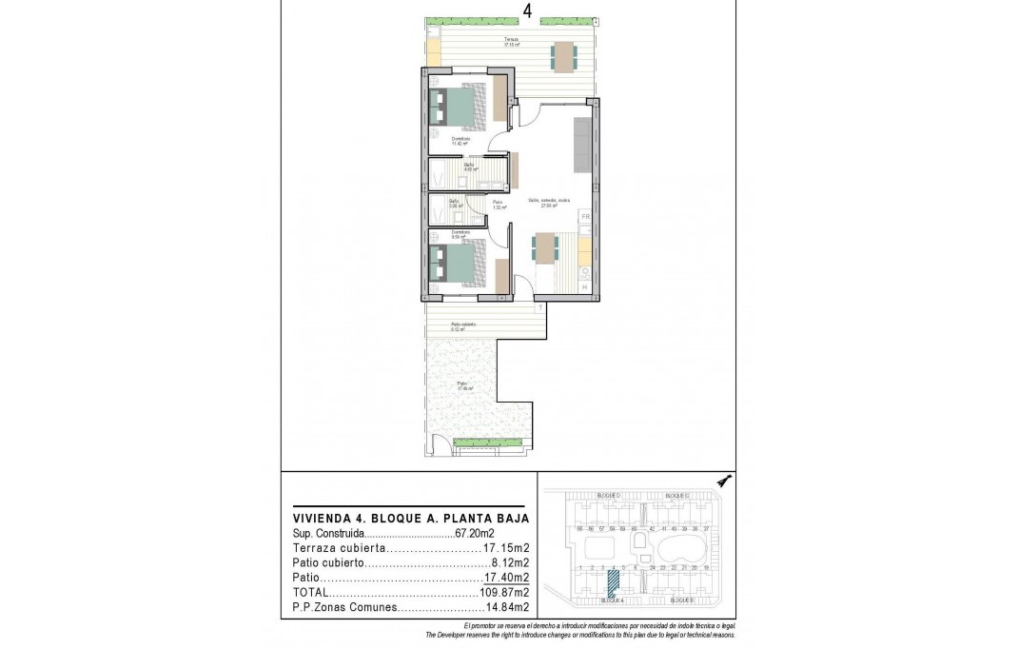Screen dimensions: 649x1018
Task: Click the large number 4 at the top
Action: point(527,11)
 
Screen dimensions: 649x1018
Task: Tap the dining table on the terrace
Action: point(563,57)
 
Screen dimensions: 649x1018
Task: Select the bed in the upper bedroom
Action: point(457,108)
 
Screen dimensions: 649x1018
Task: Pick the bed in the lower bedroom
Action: point(457,264)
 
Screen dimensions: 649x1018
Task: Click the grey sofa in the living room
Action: point(581,144)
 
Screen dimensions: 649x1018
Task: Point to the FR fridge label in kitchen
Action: point(586,218)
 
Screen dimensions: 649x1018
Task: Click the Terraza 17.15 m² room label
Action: point(512,42)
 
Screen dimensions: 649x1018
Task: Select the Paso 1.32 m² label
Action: point(498,204)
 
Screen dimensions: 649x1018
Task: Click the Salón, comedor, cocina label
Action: point(549,202)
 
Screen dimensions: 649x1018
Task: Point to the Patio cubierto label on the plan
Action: point(464,326)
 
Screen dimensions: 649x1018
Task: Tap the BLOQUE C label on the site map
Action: point(676,497)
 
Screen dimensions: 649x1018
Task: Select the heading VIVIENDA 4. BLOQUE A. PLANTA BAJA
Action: point(410,518)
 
